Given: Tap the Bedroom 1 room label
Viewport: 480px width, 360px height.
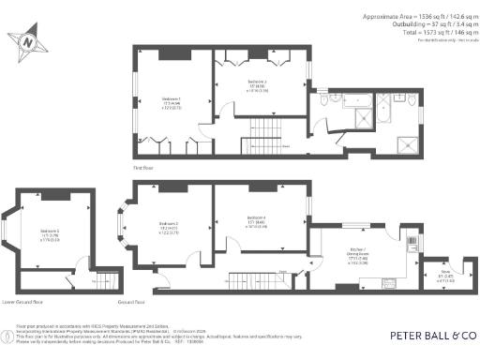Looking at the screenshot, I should pos(171,101).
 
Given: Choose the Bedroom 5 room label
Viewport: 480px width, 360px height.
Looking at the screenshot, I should pos(51,233).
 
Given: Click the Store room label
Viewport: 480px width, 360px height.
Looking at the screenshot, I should pos(445,275).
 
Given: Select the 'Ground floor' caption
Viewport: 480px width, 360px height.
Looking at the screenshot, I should pos(132,302).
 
